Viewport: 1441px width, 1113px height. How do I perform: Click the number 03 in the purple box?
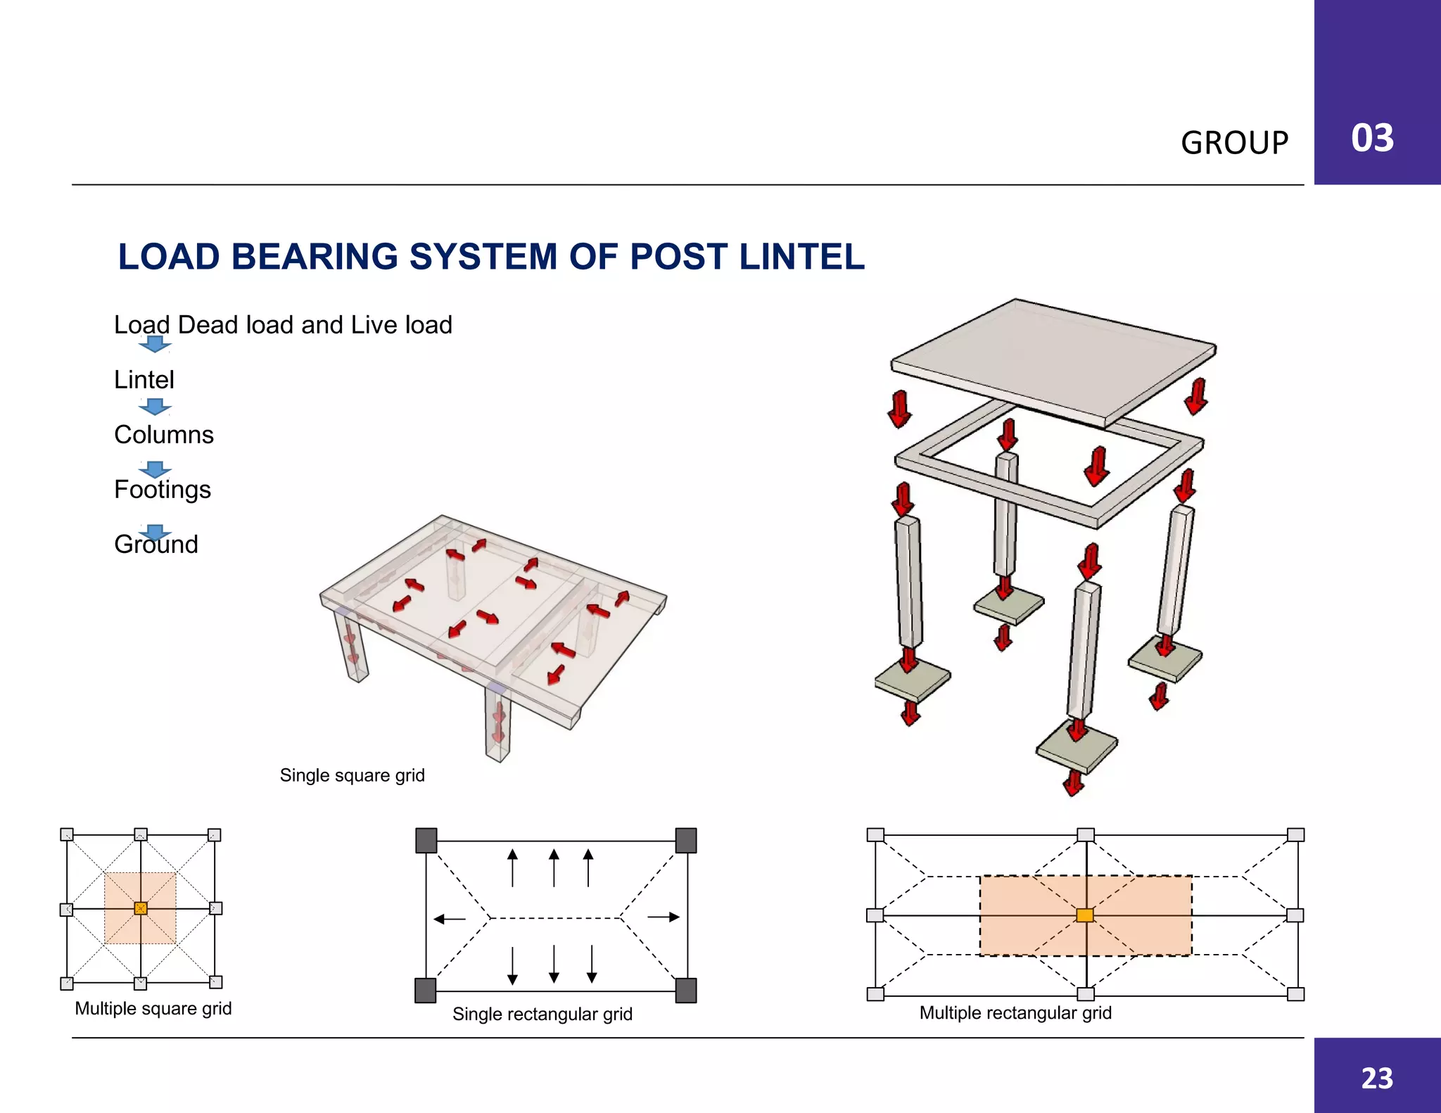point(1372,138)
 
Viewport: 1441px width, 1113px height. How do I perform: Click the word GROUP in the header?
point(1234,143)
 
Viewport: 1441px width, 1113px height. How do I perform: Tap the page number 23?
point(1377,1078)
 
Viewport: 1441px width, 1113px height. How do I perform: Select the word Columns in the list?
point(164,435)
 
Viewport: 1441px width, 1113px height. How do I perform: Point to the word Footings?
point(163,490)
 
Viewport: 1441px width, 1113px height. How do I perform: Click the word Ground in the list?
point(156,545)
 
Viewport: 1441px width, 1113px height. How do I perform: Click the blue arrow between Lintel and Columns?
point(155,407)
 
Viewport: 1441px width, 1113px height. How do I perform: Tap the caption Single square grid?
point(352,775)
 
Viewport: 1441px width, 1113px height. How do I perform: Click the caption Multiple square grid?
point(153,1009)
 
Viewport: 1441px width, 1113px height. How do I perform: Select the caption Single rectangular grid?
point(542,1015)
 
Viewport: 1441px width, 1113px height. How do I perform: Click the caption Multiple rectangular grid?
point(1015,1013)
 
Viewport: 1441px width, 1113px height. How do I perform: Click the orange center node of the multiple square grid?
point(141,908)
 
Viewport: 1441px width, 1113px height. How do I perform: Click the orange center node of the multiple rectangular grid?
point(1085,915)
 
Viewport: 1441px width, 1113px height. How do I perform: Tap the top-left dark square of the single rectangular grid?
point(426,840)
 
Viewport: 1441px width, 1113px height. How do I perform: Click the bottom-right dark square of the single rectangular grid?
point(685,991)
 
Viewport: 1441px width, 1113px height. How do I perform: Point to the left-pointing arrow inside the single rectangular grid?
point(450,919)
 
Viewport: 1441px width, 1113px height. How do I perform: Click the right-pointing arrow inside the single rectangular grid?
point(664,917)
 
